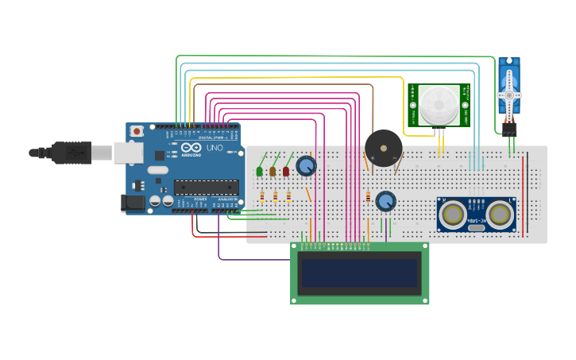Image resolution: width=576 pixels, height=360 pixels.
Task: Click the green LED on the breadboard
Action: point(260,171)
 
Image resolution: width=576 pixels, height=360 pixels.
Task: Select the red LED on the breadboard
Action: point(286,171)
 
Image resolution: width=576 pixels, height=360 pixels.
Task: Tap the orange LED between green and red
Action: point(273,171)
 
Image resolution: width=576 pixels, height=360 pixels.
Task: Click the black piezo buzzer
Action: point(383,148)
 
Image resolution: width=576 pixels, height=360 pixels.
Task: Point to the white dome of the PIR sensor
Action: point(439,104)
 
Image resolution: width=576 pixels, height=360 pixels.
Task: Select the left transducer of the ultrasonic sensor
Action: point(453,214)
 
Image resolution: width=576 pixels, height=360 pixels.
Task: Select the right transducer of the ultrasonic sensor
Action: point(500,214)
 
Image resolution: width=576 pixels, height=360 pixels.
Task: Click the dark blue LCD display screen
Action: point(359,273)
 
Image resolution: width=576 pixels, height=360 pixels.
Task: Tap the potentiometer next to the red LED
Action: point(306,166)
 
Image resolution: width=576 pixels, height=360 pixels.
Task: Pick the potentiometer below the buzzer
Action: point(385,201)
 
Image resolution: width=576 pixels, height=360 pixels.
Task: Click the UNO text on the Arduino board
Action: point(215,148)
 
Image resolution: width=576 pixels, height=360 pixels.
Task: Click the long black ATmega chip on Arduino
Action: point(206,188)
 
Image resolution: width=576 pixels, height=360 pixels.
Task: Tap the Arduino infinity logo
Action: point(191,148)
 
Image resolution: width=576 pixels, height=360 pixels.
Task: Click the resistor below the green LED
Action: point(262,196)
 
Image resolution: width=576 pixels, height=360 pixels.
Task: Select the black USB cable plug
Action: point(72,151)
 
